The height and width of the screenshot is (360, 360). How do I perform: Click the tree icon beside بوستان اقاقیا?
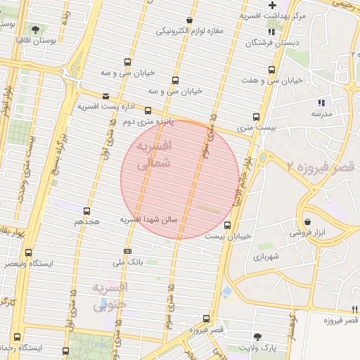pos(36,30)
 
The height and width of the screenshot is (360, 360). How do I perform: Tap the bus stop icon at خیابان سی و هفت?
pos(272,70)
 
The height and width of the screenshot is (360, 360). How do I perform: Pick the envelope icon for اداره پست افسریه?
pos(105,96)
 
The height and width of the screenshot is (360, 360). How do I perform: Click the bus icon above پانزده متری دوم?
pos(148,110)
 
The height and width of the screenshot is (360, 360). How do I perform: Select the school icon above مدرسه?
pos(321,103)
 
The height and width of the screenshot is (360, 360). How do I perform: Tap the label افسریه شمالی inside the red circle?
pos(152,155)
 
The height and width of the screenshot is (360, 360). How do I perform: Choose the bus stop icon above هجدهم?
pos(87,211)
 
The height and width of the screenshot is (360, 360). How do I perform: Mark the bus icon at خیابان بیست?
pos(227,226)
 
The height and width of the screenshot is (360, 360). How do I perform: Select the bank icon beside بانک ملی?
pos(127,251)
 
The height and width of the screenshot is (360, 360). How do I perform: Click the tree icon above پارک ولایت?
pos(257,336)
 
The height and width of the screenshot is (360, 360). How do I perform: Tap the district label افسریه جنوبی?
pos(110,296)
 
